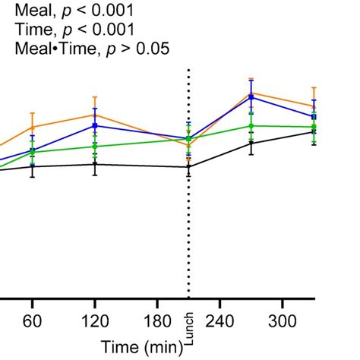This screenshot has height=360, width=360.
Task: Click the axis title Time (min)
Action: tap(142, 346)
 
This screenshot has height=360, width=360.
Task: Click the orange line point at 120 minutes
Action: tap(94, 115)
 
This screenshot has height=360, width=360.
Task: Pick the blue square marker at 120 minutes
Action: tap(94, 125)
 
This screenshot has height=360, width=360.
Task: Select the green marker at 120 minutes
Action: tap(94, 146)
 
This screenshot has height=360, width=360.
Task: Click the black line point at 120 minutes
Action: tap(94, 164)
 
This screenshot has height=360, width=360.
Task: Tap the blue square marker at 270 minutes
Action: tap(251, 97)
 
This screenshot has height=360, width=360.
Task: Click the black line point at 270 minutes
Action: tap(251, 142)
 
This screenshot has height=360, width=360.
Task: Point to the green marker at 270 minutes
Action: tap(251, 125)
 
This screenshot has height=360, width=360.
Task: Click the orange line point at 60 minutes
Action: tap(32, 127)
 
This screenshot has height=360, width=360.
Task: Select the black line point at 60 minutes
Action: tap(32, 166)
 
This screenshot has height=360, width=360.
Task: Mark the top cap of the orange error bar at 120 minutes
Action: tap(94, 96)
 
